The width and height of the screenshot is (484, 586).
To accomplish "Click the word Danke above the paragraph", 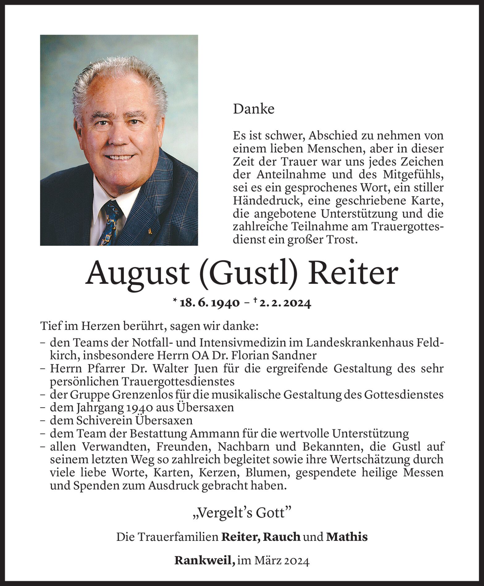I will (x=254, y=109).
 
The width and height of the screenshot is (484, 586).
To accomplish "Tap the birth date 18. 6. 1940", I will (x=209, y=303).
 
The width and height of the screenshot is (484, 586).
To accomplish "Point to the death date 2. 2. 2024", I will (x=285, y=303).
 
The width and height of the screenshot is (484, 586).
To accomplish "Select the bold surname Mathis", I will (x=347, y=537).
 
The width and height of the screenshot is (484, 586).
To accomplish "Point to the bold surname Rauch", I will (x=282, y=537).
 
